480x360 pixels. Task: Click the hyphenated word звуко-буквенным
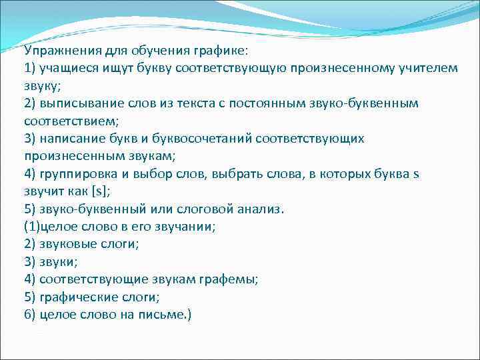pyautogui.click(x=363, y=105)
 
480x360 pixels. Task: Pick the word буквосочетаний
pyautogui.click(x=215, y=139)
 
